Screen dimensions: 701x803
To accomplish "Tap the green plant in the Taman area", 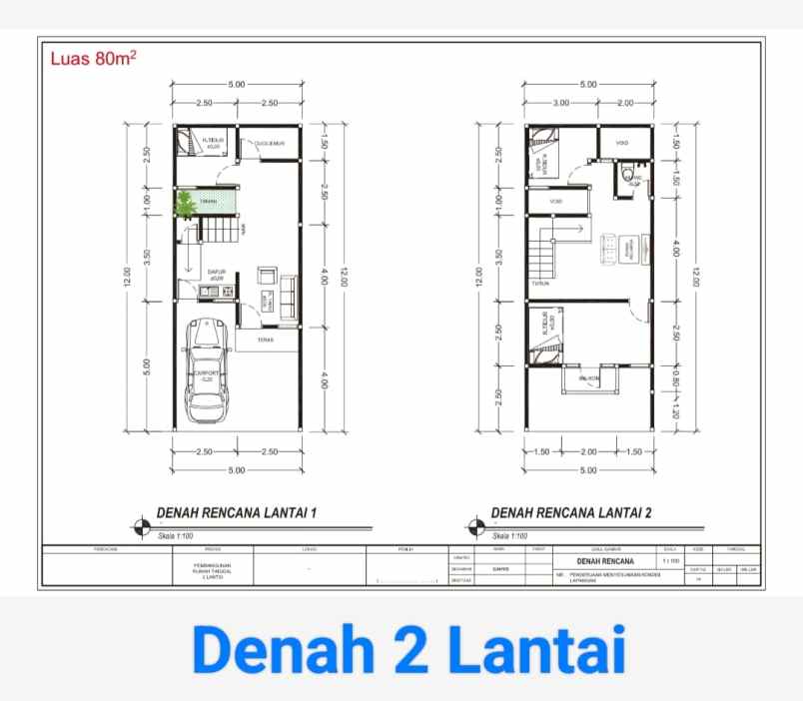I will tap(185, 205).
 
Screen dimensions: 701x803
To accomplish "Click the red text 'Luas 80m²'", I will tap(93, 58).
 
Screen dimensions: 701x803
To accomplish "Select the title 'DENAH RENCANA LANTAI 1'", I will tap(237, 513).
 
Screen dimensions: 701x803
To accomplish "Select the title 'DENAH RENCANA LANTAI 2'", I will tap(571, 513).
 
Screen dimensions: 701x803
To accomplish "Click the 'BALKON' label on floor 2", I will tap(589, 379).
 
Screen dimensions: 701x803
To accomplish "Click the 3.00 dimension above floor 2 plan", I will tap(560, 103).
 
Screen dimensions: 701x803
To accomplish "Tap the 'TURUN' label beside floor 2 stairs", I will tap(540, 283).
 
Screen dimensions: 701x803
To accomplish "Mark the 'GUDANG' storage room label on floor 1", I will tap(270, 144).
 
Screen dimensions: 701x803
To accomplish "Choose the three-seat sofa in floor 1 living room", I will tap(289, 290).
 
